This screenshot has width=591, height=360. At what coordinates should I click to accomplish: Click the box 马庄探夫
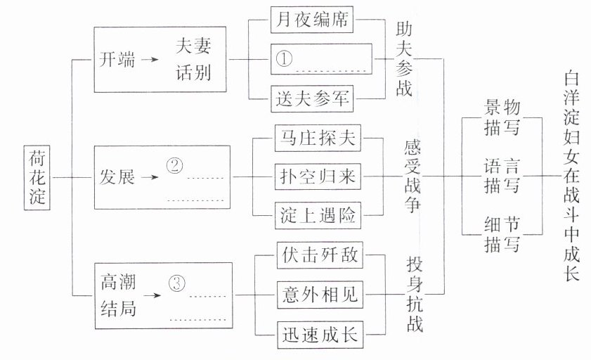318,138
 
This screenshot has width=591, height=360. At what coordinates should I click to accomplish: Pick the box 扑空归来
318,176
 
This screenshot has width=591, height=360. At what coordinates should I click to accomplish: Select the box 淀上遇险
318,216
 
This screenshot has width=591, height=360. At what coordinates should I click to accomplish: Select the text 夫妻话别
193,59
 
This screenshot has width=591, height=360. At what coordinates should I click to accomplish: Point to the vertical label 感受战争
413,176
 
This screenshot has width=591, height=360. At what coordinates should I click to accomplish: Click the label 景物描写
502,116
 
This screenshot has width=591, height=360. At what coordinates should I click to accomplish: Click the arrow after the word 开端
150,59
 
